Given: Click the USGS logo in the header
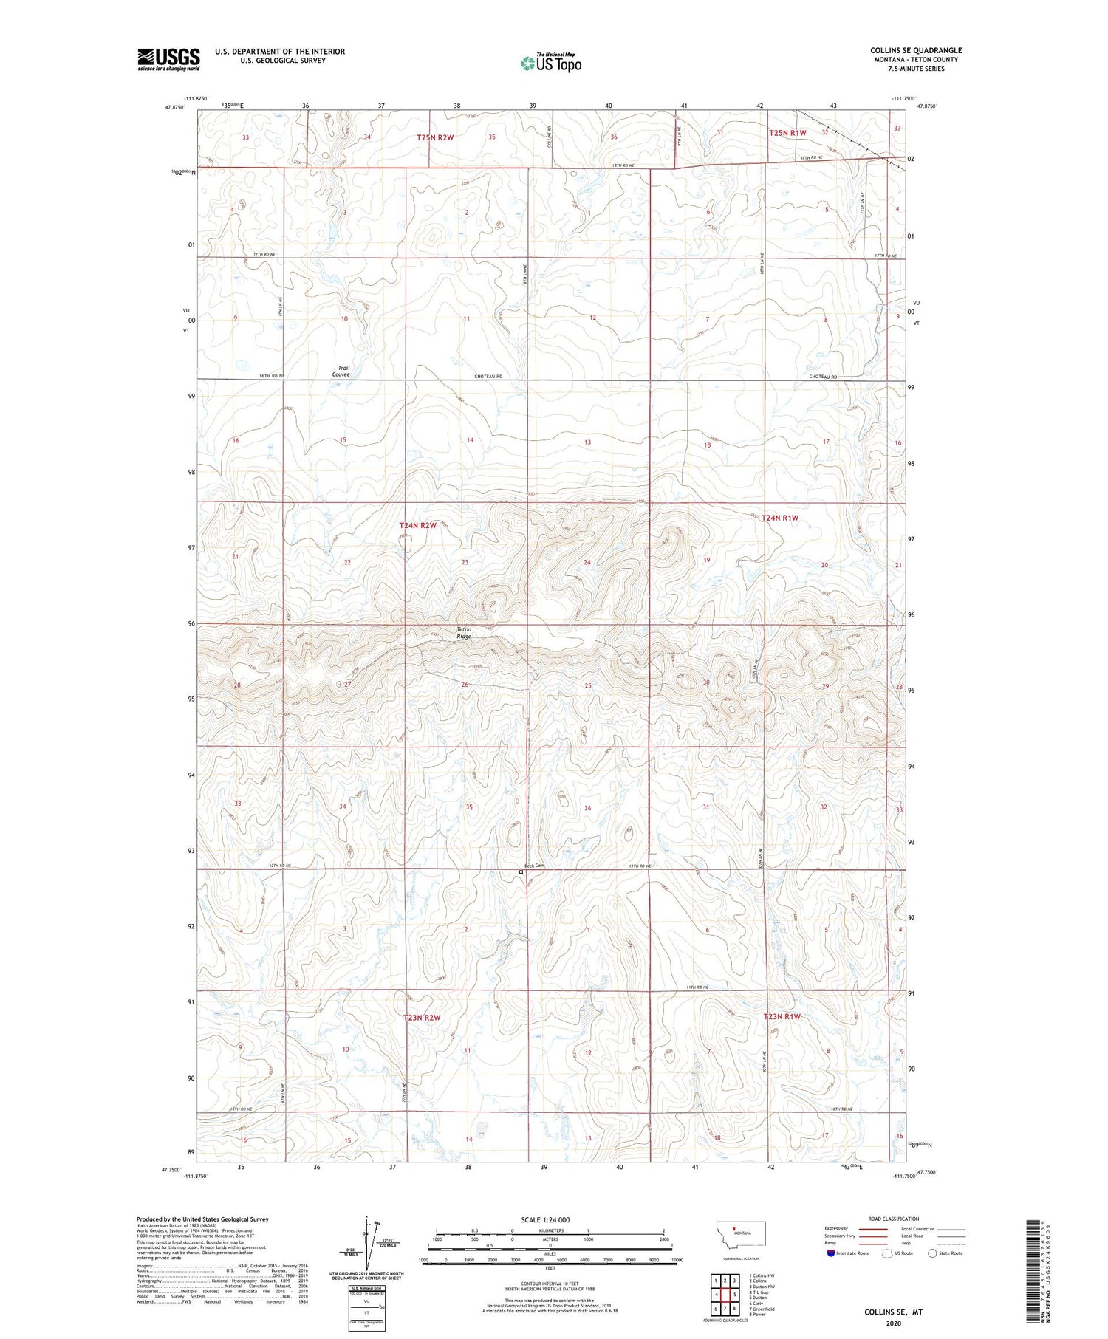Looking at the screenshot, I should (168, 59).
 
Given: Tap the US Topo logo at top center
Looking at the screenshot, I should (550, 64).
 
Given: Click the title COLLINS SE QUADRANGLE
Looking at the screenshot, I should (915, 50).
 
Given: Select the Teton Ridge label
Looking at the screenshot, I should (463, 632).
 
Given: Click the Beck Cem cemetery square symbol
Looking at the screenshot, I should (521, 872).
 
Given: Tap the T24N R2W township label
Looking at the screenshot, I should (418, 525).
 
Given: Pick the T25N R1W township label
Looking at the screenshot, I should (787, 133).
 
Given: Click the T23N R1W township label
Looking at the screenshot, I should (782, 1017).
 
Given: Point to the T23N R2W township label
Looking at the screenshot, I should (422, 1018).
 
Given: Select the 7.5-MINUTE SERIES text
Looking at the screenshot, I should (916, 69).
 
